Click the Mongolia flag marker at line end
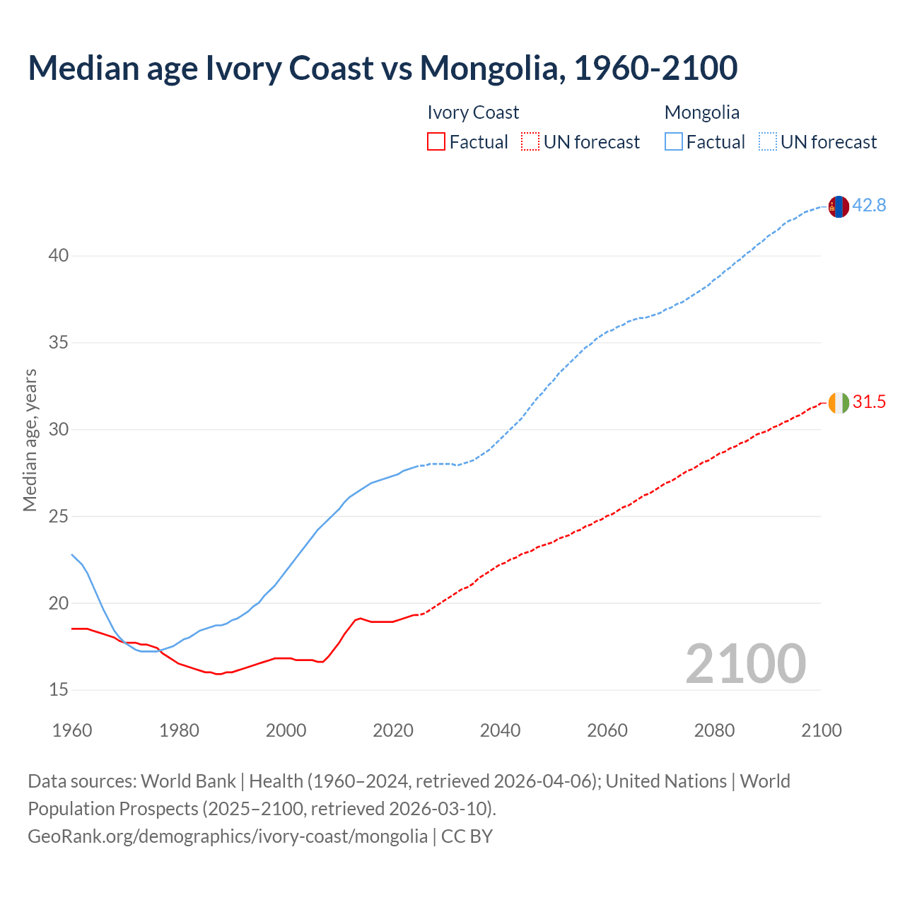[x=839, y=206]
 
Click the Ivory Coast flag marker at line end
[x=839, y=402]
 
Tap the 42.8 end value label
[x=869, y=206]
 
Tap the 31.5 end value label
[x=869, y=402]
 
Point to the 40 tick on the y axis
[x=59, y=255]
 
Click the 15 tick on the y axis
[x=59, y=689]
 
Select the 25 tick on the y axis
[x=59, y=516]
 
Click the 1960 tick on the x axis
[x=72, y=730]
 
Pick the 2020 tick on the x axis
[x=393, y=730]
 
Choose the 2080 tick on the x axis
[x=714, y=730]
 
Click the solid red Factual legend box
[x=436, y=141]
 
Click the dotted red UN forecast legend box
[x=530, y=141]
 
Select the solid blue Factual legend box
[x=673, y=141]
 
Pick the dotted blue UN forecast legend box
[x=767, y=141]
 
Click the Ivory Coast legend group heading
[x=473, y=112]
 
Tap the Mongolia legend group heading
[x=702, y=112]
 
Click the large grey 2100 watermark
[x=745, y=663]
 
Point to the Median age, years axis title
[x=30, y=440]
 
